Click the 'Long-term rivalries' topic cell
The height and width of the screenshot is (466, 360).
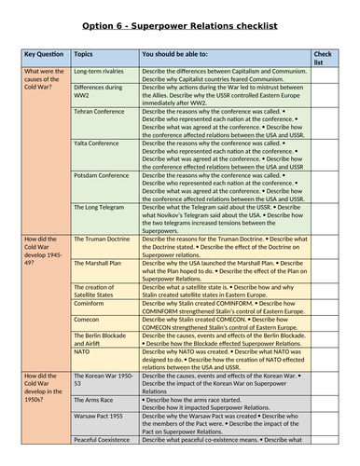point(102,71)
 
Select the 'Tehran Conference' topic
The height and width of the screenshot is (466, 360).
point(104,109)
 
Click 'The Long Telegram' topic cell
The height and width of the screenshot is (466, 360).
point(102,206)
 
